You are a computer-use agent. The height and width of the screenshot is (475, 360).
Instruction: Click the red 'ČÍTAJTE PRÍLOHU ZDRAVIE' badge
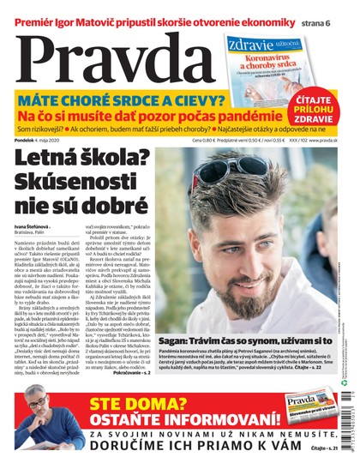click(330, 106)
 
